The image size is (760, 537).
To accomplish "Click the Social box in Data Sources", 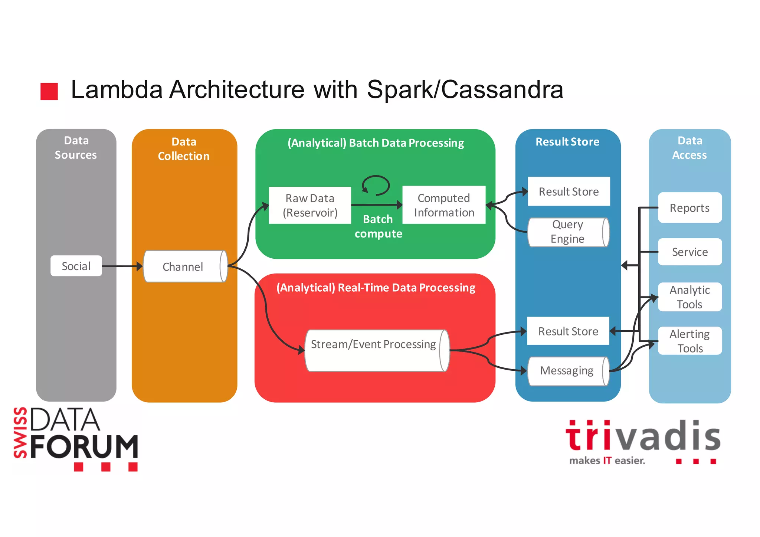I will point(76,266).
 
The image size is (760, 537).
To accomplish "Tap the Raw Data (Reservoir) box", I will point(310,205).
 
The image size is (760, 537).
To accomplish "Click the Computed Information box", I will point(444,205).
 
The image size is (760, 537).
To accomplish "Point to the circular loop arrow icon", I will point(376,185).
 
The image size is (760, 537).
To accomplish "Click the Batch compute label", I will point(378,226).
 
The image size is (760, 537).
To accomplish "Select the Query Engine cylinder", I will point(568,232).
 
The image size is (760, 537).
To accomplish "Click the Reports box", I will point(689,208).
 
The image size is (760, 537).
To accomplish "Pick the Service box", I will point(689,252).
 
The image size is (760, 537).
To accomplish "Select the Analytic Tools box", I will point(689,297).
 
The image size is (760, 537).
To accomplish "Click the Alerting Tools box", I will point(689,341).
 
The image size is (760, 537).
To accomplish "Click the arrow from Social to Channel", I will point(122,266).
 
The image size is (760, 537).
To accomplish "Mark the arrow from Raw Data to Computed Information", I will point(377,204).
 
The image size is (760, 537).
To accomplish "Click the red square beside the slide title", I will point(49,91).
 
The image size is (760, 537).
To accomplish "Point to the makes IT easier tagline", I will point(607,461).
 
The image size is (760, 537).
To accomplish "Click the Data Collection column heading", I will point(184,149).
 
